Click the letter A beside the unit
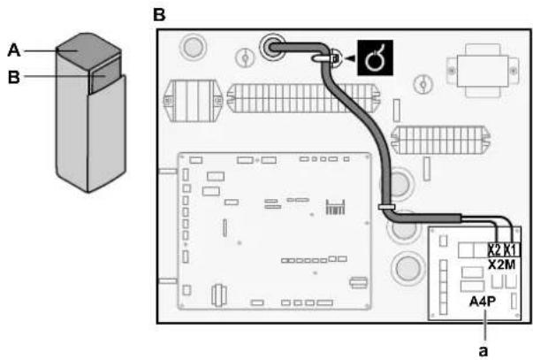coord(14,50)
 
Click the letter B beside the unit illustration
coord(14,77)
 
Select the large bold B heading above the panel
coord(159,15)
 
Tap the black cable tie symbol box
coord(375,57)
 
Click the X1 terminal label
coord(511,250)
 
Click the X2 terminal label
coord(495,250)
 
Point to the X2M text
coord(502,264)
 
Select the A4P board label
coord(483,302)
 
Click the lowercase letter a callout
coord(483,350)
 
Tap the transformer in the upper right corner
coord(483,71)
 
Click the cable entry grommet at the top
coord(272,47)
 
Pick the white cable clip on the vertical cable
coord(386,207)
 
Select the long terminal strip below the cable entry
coord(303,98)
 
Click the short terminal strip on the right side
coord(440,140)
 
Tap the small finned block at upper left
coord(194,100)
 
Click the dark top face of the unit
coord(88,50)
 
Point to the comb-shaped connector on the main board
coord(335,207)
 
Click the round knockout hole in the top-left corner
coord(193,47)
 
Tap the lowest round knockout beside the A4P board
coord(407,268)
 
